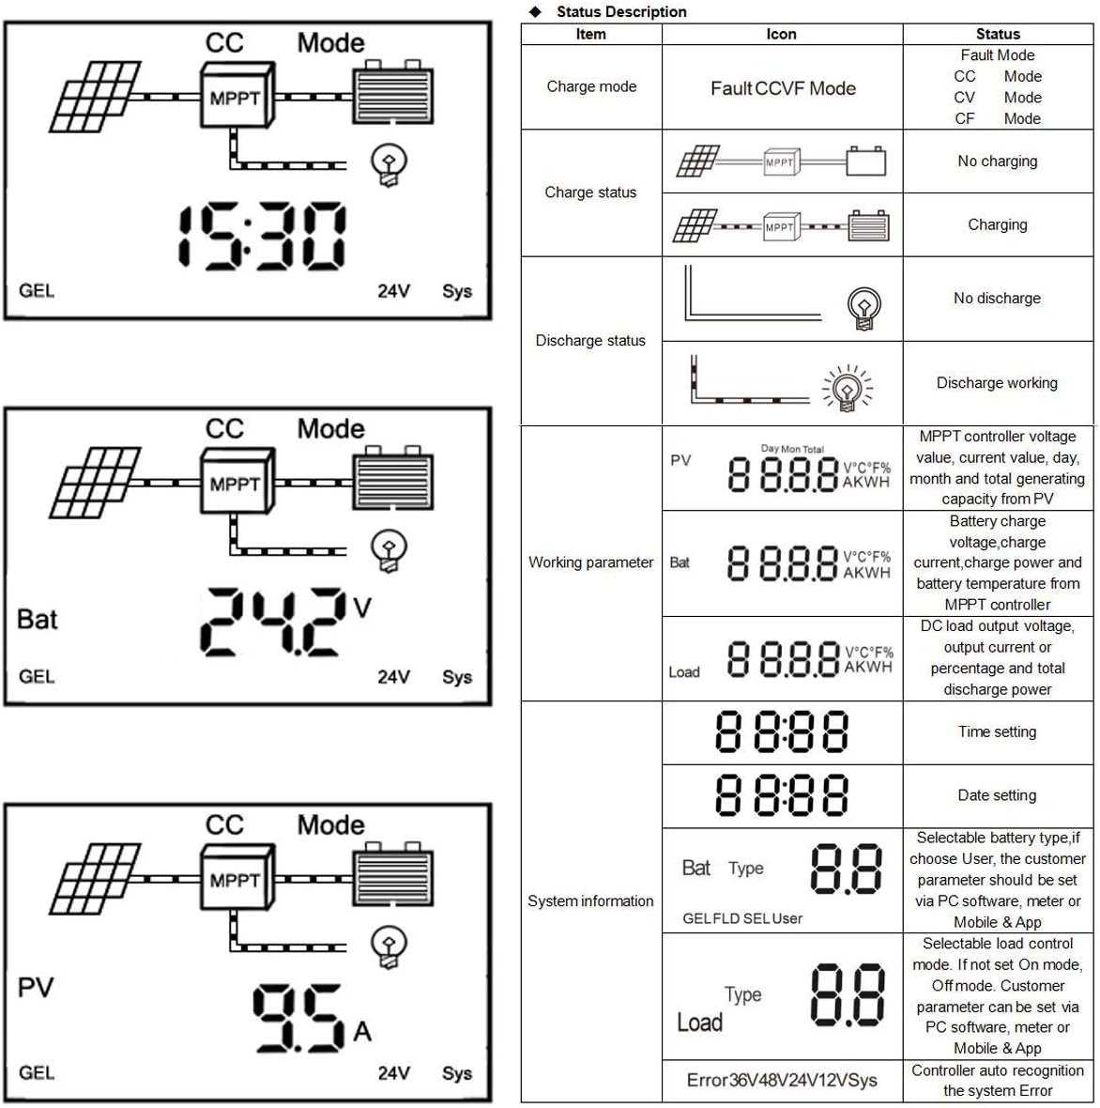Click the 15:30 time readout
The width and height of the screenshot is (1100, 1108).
262,236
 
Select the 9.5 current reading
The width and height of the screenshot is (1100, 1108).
299,1018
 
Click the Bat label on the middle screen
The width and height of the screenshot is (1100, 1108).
38,620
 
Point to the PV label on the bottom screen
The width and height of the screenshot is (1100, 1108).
36,988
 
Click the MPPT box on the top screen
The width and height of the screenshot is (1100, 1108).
237,97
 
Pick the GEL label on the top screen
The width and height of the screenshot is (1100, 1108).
37,291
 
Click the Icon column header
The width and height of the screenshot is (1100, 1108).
781,34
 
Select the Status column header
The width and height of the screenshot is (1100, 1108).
998,34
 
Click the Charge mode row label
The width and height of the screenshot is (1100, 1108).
591,86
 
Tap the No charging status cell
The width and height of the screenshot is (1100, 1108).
998,162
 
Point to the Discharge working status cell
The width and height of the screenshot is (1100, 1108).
997,383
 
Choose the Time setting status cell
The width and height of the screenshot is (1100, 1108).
997,732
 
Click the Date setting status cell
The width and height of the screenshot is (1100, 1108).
997,795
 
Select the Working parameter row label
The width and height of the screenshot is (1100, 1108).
591,562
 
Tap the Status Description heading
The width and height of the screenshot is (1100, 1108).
621,11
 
